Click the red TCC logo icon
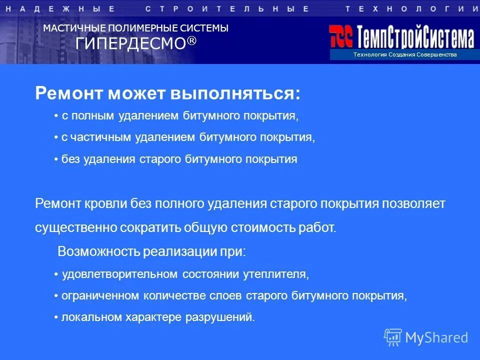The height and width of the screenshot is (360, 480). click(x=341, y=36)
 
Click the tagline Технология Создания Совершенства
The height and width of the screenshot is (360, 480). click(x=404, y=54)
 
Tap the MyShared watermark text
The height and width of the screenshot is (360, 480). click(x=436, y=337)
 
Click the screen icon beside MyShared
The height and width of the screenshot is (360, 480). click(x=393, y=337)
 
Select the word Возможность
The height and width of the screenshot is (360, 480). click(x=98, y=251)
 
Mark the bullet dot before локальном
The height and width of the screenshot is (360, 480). click(x=56, y=317)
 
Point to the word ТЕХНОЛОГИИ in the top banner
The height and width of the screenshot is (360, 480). click(x=411, y=8)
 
